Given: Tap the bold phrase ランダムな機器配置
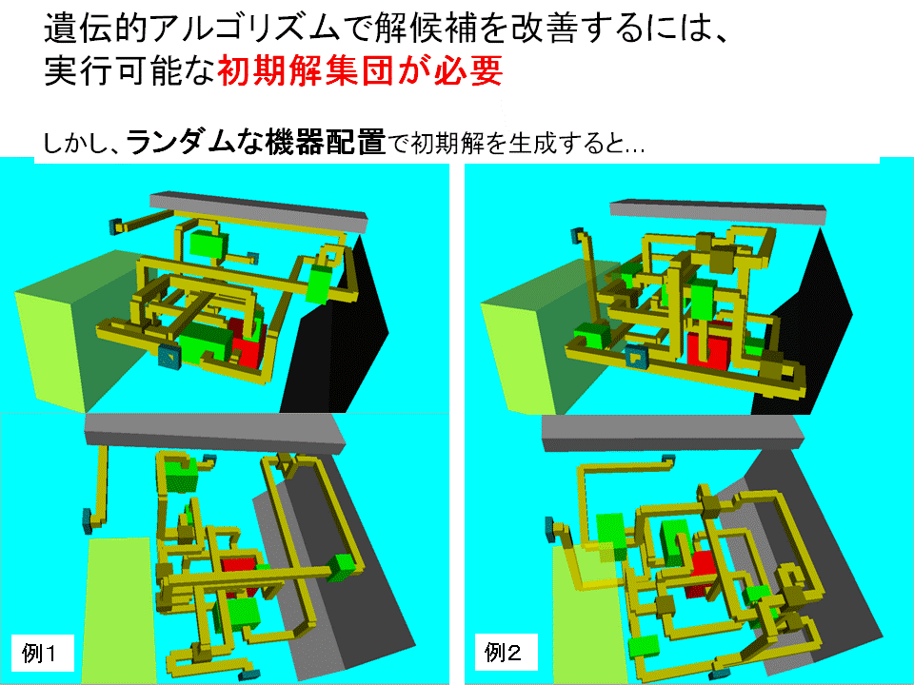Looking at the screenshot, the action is [256, 142].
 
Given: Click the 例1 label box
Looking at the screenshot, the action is [42, 653].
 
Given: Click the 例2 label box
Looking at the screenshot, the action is [505, 652].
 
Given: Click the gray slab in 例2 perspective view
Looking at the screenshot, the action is [718, 212].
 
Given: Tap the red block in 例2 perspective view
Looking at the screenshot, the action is [708, 348].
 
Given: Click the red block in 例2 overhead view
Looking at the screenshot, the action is [702, 573].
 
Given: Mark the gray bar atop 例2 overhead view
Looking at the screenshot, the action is [673, 432].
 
